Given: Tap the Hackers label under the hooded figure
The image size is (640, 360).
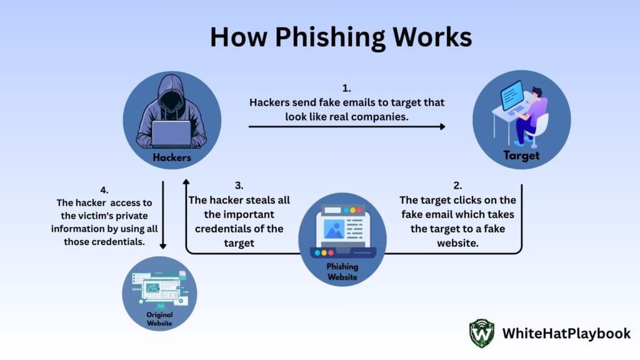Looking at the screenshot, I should (x=172, y=157).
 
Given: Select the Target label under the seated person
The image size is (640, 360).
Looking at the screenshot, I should (x=521, y=156).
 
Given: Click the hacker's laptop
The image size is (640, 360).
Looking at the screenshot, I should (x=172, y=132).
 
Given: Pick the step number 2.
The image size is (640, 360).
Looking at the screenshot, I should (x=457, y=186).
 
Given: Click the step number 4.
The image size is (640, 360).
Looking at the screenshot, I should (x=104, y=189).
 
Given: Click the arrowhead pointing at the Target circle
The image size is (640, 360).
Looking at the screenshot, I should (x=442, y=126).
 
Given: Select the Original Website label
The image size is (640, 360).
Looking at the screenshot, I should (x=160, y=319).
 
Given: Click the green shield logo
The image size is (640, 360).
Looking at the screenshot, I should (x=482, y=333).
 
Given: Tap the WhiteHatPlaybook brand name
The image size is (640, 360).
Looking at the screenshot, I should (x=566, y=334).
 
